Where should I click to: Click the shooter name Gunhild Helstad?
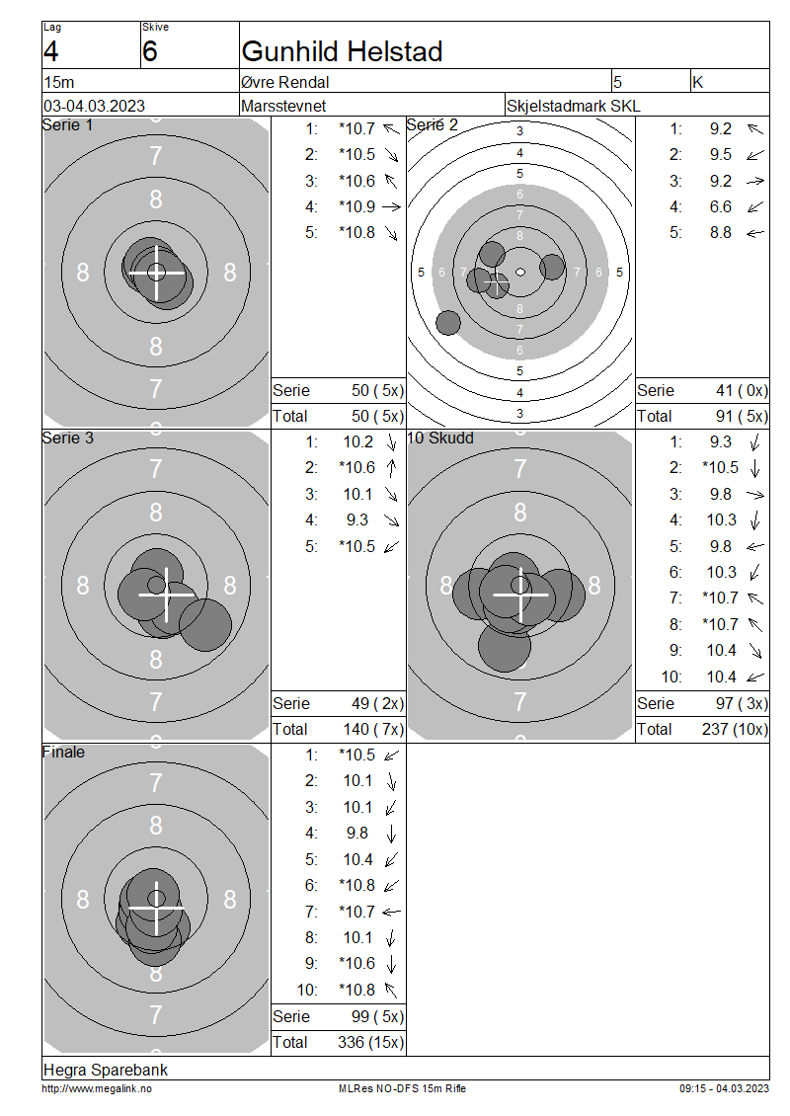point(342,51)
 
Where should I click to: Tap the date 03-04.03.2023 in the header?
point(94,106)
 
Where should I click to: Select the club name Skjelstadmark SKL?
point(573,106)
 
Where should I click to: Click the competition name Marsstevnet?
point(283,106)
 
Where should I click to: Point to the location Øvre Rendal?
point(284,82)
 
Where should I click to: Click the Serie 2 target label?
point(432,125)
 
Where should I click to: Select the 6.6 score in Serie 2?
point(720,207)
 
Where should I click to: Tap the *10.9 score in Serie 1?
point(356,207)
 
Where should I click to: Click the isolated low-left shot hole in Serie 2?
point(447,322)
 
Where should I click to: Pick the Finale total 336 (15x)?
point(370,1043)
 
